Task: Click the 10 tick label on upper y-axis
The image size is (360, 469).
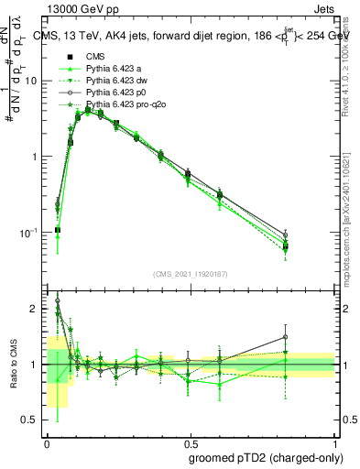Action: coord(31,81)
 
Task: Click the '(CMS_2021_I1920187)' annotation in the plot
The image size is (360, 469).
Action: coord(191,274)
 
